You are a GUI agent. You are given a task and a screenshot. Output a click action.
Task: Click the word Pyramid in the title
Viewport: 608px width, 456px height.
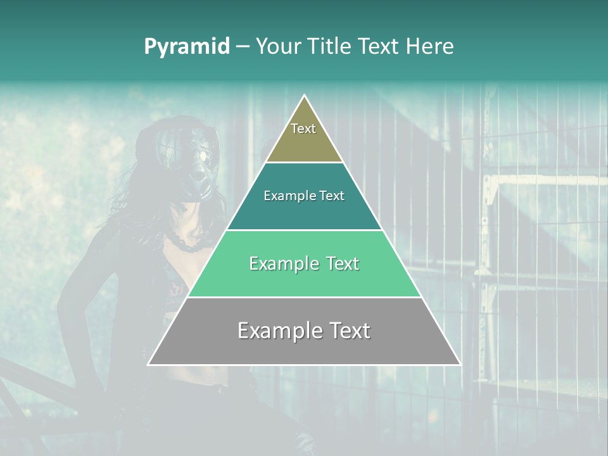187,47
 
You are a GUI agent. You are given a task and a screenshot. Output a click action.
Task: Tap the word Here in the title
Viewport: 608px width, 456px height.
430,47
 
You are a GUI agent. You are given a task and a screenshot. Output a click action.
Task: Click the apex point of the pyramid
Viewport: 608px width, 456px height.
305,96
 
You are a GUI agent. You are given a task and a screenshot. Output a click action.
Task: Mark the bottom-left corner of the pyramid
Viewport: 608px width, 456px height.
148,364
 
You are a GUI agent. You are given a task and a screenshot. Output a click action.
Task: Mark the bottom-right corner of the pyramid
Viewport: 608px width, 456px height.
460,364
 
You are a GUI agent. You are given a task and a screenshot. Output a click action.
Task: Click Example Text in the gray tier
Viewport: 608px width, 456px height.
304,331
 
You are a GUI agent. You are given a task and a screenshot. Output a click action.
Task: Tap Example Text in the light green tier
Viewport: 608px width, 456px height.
304,263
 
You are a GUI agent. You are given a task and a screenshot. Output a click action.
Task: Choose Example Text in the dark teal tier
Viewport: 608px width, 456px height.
304,196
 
